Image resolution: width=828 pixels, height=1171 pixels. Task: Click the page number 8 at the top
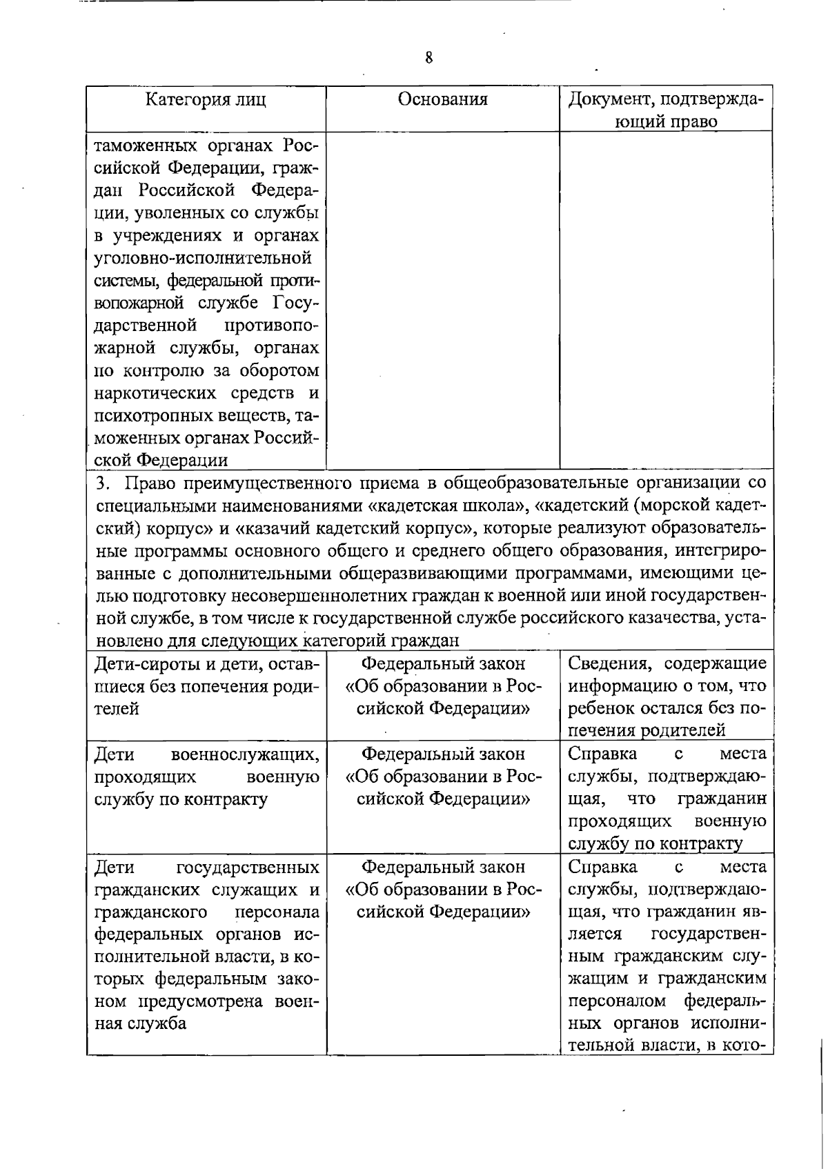tap(428, 58)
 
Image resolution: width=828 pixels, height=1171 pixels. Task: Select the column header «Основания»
tap(443, 99)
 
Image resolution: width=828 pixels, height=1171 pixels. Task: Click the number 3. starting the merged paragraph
tap(101, 483)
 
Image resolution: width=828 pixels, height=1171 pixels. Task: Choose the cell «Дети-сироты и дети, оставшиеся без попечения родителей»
tap(206, 686)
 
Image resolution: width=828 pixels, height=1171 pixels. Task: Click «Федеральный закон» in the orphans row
tap(443, 664)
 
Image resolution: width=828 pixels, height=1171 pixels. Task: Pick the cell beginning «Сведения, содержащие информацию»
tap(667, 697)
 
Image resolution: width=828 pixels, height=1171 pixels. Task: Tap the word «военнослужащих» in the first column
tap(246, 754)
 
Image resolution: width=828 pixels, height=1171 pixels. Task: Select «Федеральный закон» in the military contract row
tap(443, 754)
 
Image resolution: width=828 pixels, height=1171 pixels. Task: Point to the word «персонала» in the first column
tap(277, 912)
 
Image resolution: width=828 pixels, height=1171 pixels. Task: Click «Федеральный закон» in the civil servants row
tap(443, 867)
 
